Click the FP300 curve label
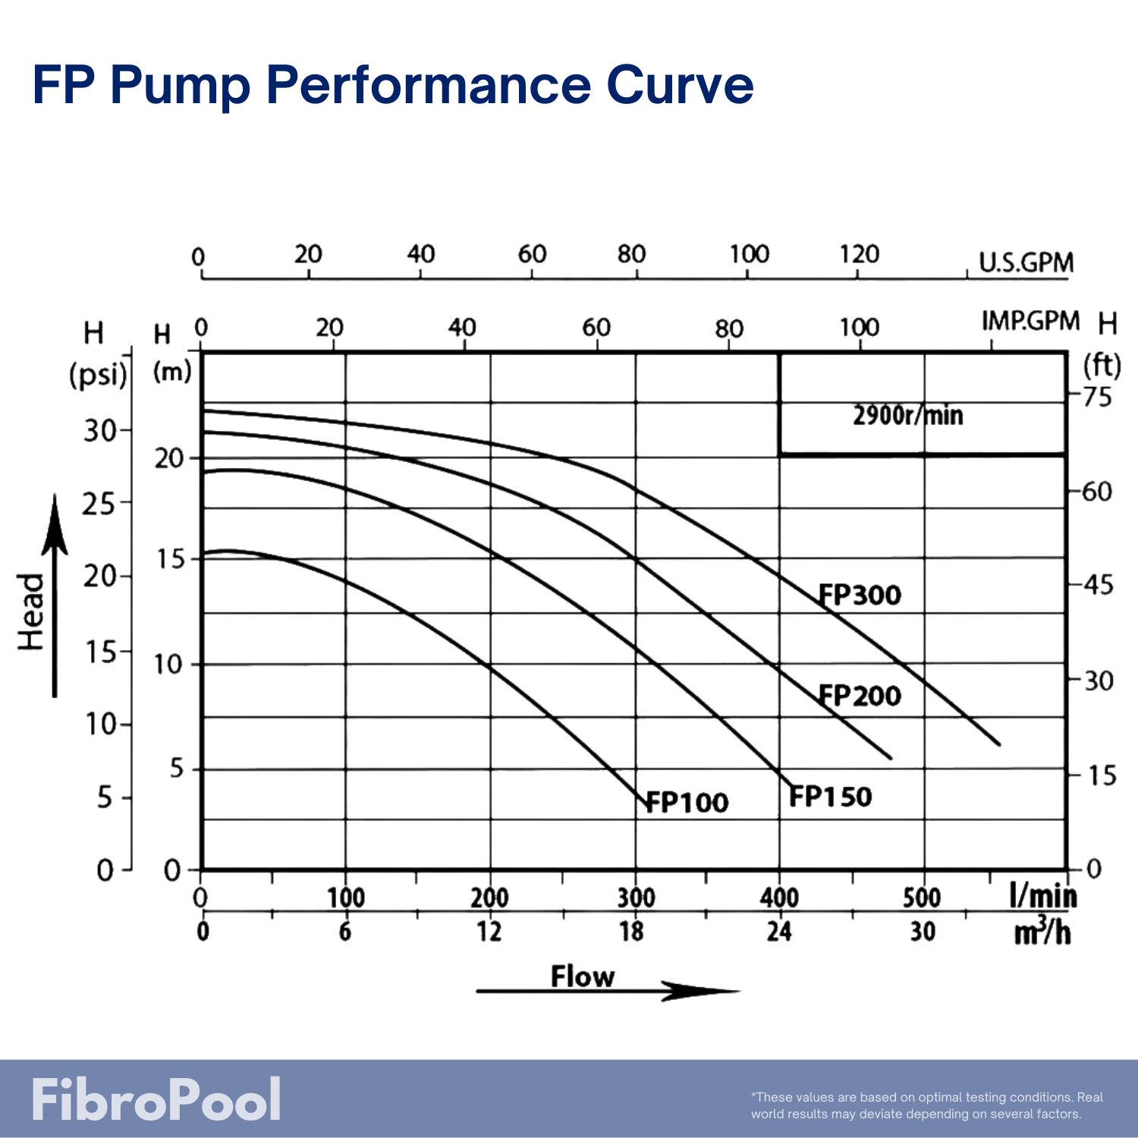point(860,595)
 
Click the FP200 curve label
point(860,695)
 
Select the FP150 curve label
point(831,797)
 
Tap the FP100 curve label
point(687,802)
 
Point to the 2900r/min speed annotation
point(907,416)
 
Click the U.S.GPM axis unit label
point(1026,262)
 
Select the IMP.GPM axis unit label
point(1030,321)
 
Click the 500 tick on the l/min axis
point(922,898)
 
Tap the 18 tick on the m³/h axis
point(631,931)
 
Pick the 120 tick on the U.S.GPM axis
point(860,253)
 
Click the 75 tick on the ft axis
point(1098,396)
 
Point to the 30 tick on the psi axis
point(100,430)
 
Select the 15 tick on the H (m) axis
point(171,559)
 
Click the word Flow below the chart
point(583,976)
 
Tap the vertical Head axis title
point(31,611)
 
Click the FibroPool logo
point(156,1099)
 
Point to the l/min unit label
point(1043,897)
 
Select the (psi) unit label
point(99,375)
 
